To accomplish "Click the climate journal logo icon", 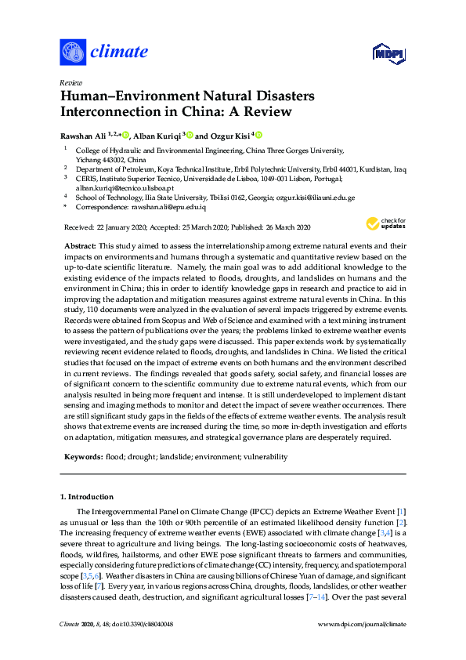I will point(72,53).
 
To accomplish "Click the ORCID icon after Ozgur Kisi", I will point(258,134).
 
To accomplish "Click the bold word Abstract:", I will point(82,246).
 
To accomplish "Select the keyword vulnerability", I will point(265,456).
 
